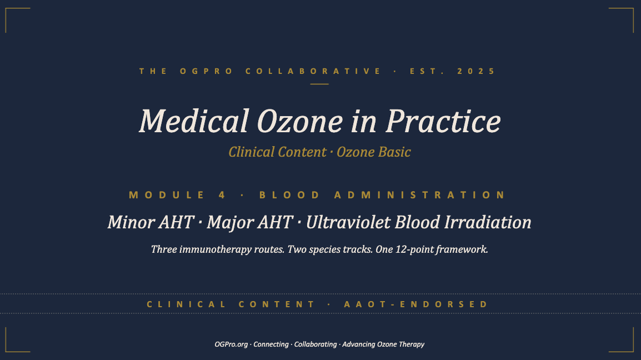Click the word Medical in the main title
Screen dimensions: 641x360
(194, 121)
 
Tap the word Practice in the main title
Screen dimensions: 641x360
(443, 121)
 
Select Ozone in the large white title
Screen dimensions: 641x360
(300, 121)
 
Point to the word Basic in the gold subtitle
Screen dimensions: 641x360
(394, 152)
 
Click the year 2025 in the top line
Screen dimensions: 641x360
(476, 71)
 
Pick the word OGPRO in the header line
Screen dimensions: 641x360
(207, 71)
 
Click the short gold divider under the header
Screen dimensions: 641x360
(319, 84)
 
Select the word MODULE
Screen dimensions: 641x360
(167, 195)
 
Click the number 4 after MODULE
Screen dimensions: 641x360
(222, 195)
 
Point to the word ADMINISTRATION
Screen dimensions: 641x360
(420, 195)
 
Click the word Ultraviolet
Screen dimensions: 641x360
(348, 223)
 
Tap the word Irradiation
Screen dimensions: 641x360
(488, 223)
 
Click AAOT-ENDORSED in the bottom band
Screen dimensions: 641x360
(415, 304)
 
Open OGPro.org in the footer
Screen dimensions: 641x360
(231, 344)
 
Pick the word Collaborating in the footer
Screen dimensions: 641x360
(316, 344)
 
